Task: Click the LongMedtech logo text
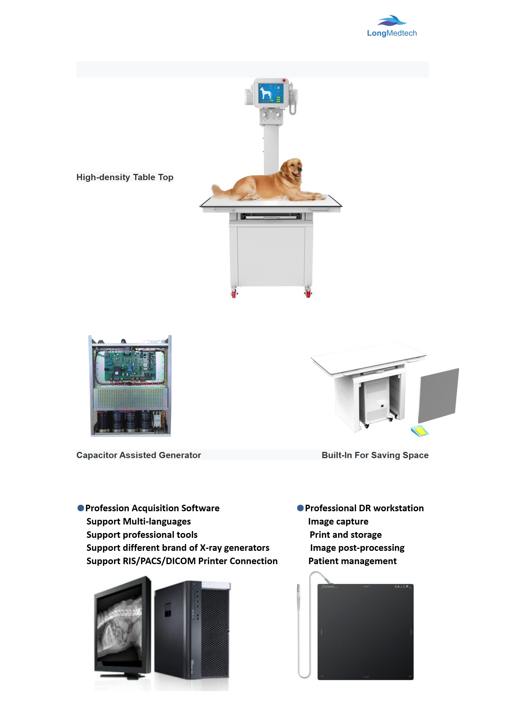click(x=392, y=33)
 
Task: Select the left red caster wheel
click(x=234, y=293)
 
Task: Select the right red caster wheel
click(x=308, y=293)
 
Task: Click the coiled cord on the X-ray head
click(x=292, y=107)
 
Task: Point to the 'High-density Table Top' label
click(x=125, y=177)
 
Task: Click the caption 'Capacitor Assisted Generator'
click(x=139, y=455)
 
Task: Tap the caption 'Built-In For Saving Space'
click(x=375, y=455)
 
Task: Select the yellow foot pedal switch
click(x=420, y=431)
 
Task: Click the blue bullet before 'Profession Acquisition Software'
click(x=81, y=508)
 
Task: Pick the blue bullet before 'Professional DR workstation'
click(x=300, y=508)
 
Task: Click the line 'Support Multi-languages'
click(x=138, y=521)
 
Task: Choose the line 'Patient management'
click(x=352, y=561)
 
